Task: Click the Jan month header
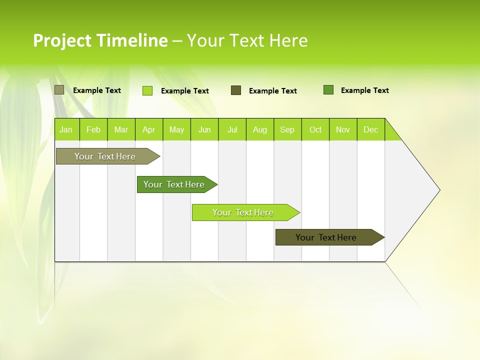coord(66,129)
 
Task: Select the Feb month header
coord(93,129)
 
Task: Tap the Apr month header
coord(148,129)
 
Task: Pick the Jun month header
coord(204,129)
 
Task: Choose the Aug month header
coord(259,129)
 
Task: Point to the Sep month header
coord(287,129)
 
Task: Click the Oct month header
coord(315,129)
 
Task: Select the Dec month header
coord(370,129)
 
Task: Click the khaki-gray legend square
coord(59,90)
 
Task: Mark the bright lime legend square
coord(147,90)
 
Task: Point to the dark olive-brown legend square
coord(236,90)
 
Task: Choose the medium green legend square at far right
coord(328,90)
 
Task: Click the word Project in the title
coord(62,40)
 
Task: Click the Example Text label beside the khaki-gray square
coord(97,90)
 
